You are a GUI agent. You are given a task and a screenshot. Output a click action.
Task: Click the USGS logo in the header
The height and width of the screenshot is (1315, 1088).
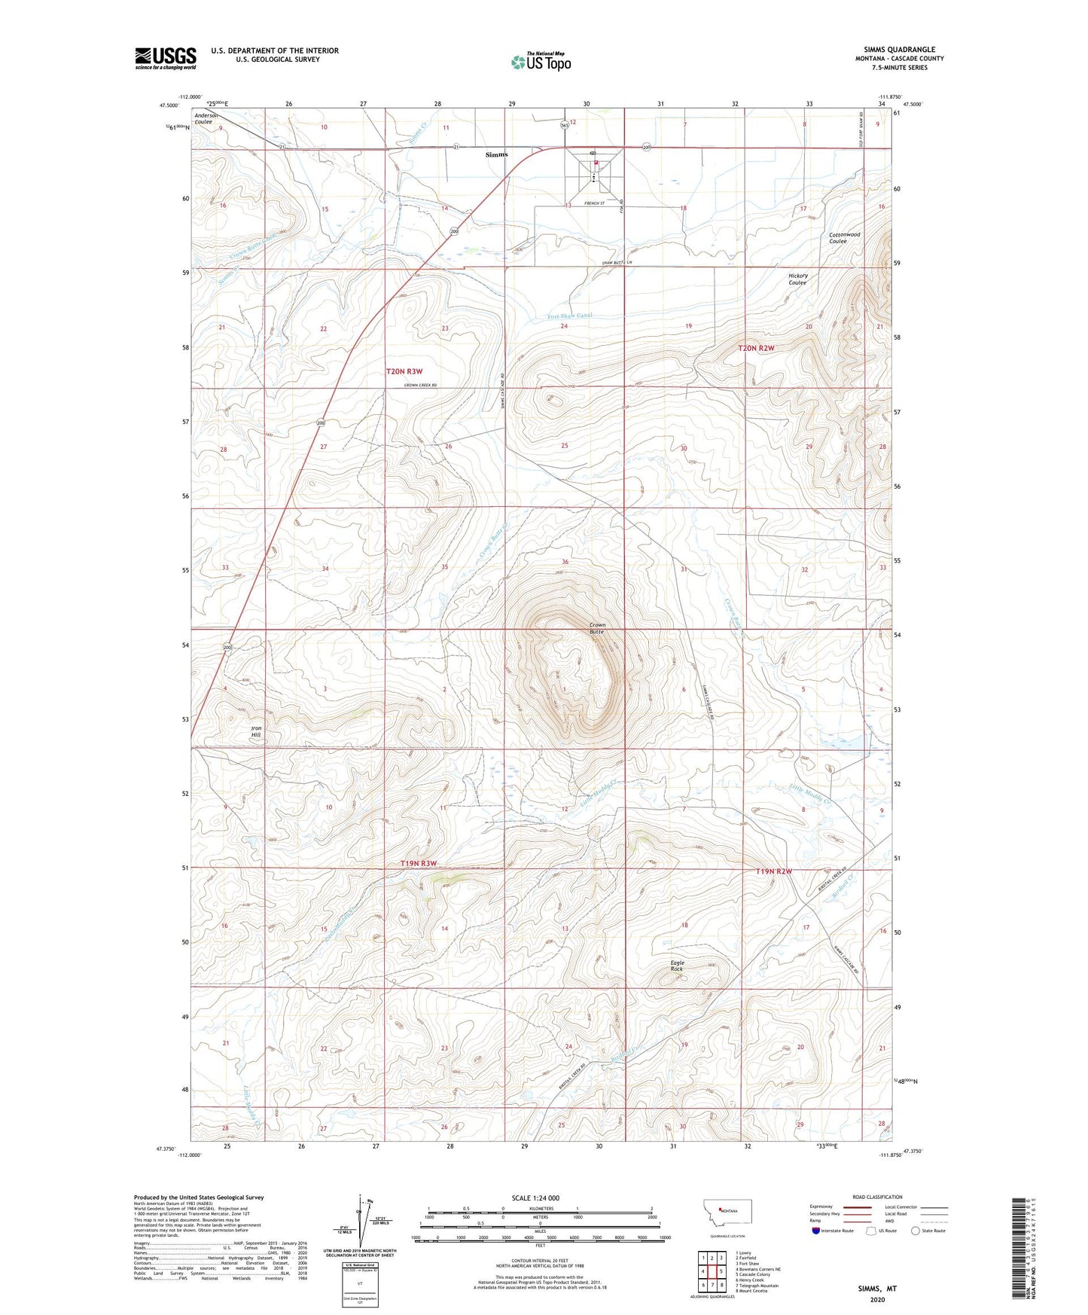[x=166, y=58]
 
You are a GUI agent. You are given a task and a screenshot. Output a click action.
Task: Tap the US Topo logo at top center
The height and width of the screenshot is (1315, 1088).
[x=541, y=62]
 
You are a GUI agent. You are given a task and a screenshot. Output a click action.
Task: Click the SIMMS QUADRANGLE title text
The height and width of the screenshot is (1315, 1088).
[x=894, y=49]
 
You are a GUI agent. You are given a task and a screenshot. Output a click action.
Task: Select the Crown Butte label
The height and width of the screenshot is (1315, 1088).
[x=596, y=628]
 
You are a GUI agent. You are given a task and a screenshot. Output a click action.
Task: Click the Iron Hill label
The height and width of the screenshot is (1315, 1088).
[x=256, y=731]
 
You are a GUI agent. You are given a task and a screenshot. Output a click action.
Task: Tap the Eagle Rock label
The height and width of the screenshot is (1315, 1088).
[x=678, y=965]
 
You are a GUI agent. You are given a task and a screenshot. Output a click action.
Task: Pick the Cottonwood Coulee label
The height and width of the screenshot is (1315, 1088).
[x=844, y=237]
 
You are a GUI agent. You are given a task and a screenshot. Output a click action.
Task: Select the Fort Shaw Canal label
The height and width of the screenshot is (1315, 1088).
[x=569, y=316]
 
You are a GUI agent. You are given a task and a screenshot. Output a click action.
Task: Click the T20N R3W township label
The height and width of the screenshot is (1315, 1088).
[x=404, y=371]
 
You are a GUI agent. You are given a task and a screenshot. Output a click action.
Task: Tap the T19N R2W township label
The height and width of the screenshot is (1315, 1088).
[x=774, y=871]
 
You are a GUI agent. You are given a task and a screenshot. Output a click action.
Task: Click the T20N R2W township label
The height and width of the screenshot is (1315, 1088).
[x=756, y=348]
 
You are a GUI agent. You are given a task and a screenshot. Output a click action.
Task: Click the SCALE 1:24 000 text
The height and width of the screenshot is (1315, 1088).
[x=535, y=1198]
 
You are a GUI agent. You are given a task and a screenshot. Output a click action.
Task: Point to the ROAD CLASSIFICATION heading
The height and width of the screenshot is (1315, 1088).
[x=877, y=1197]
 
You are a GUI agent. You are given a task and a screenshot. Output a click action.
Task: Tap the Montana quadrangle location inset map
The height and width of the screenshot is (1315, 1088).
[x=727, y=1212]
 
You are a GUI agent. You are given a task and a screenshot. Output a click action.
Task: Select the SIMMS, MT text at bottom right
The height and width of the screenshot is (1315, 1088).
[x=877, y=1289]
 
